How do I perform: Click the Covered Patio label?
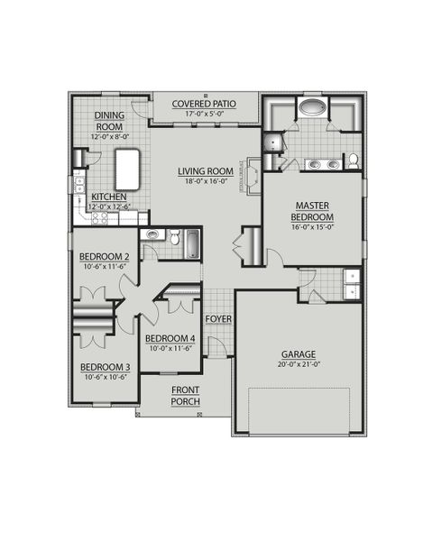(206, 104)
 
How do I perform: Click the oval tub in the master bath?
(313, 108)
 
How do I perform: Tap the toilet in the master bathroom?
(354, 161)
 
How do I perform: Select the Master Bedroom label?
(313, 212)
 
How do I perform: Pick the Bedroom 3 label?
(106, 367)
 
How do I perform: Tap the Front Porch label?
(186, 395)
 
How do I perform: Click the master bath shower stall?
(273, 142)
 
